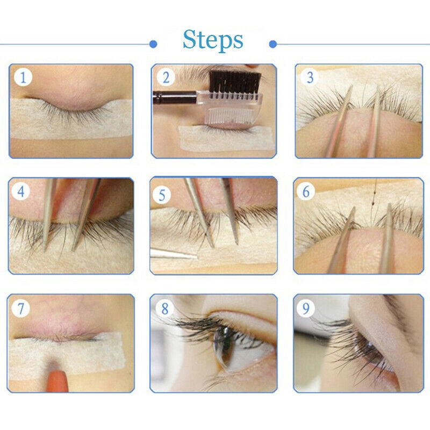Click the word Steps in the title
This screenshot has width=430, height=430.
tap(213, 40)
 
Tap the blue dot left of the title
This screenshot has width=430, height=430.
tap(153, 44)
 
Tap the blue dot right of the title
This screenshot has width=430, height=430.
tap(273, 44)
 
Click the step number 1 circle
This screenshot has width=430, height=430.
tap(23, 77)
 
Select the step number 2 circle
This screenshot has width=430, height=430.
tap(166, 77)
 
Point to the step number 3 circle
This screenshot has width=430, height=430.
tap(310, 77)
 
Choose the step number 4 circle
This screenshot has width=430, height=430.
tap(21, 191)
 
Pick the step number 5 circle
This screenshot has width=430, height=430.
tap(162, 195)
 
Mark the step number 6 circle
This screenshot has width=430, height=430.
tap(306, 191)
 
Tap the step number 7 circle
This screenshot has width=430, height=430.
tap(21, 308)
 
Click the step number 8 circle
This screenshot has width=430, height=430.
tap(164, 308)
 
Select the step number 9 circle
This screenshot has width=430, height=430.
tap(306, 308)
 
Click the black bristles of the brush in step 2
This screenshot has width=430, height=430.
tap(234, 82)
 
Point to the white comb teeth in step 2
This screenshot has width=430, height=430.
tap(231, 116)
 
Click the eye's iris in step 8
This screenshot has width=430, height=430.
tap(223, 346)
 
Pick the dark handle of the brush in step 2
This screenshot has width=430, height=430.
tap(175, 97)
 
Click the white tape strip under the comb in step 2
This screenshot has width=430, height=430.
tap(226, 139)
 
